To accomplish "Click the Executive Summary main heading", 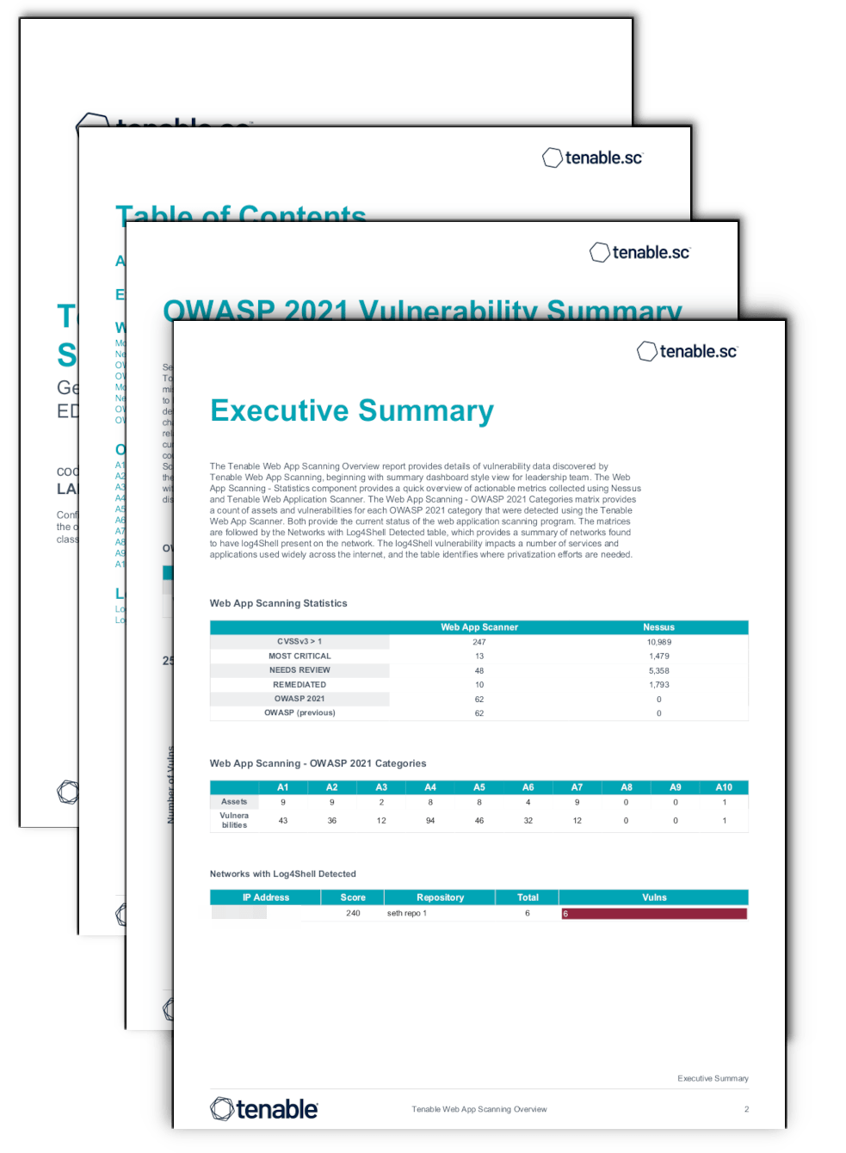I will tap(352, 411).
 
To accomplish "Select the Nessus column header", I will tap(658, 627).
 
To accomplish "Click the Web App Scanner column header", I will tap(479, 627).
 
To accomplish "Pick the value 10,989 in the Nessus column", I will tap(658, 642).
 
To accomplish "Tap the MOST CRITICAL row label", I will tap(299, 656).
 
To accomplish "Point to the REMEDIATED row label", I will tap(299, 685).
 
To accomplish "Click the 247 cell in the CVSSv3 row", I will tap(479, 642).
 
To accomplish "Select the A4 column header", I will tap(430, 787).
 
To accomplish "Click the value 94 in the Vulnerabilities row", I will tap(430, 821).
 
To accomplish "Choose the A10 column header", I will tap(724, 787).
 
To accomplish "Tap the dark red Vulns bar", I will tap(654, 914).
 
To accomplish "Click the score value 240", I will tap(353, 913).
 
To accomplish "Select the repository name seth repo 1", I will tap(407, 913).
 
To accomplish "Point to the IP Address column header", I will tap(266, 897).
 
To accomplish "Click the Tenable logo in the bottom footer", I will tap(264, 1109).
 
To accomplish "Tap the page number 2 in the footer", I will tap(746, 1109).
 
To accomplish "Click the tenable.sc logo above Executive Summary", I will tap(687, 351).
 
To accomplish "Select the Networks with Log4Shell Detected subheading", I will tap(283, 873).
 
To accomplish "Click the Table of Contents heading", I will tap(241, 213).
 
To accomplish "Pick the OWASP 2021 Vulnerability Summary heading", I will tap(422, 310).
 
